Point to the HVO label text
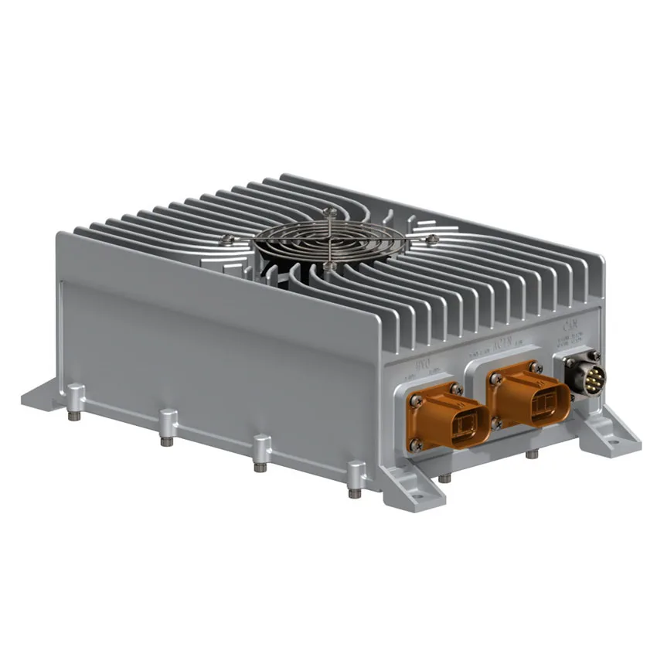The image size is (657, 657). click(x=424, y=366)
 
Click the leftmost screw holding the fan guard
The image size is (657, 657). click(x=225, y=238)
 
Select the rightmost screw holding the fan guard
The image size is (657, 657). click(x=433, y=239)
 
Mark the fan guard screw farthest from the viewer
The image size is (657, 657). click(x=331, y=209)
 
